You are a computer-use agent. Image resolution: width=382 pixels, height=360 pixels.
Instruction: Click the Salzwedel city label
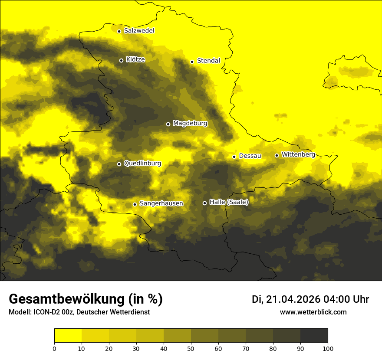tap(139, 31)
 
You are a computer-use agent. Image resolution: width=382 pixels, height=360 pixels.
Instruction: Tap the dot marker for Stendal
tap(192, 62)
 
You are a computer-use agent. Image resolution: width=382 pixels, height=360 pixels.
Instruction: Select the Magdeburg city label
tap(190, 124)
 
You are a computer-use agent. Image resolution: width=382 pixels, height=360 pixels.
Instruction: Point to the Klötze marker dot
tap(121, 60)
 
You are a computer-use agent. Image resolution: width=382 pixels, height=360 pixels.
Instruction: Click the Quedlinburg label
tap(142, 164)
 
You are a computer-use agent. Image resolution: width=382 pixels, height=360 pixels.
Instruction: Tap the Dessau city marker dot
tap(234, 157)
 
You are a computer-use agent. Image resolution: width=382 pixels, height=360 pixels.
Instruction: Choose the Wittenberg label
tap(298, 155)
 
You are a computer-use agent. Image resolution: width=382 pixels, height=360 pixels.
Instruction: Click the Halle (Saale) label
tap(229, 202)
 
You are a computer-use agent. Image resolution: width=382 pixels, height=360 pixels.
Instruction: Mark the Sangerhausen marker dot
tap(135, 204)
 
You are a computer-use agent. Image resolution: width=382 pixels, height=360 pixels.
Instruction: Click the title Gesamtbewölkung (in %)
tap(86, 299)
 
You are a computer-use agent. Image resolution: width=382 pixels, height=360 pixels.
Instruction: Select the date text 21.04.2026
tap(293, 299)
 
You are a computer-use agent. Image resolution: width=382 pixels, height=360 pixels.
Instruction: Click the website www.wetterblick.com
tap(313, 312)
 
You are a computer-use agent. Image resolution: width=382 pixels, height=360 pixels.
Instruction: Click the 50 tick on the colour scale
tap(191, 348)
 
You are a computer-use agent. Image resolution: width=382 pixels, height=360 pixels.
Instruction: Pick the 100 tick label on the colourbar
tap(328, 348)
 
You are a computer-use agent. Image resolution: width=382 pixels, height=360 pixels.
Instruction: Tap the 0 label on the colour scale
tap(54, 348)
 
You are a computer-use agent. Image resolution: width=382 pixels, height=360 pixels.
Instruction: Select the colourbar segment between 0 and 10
tap(68, 336)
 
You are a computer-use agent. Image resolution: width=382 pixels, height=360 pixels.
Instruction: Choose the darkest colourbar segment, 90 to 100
tap(314, 336)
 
